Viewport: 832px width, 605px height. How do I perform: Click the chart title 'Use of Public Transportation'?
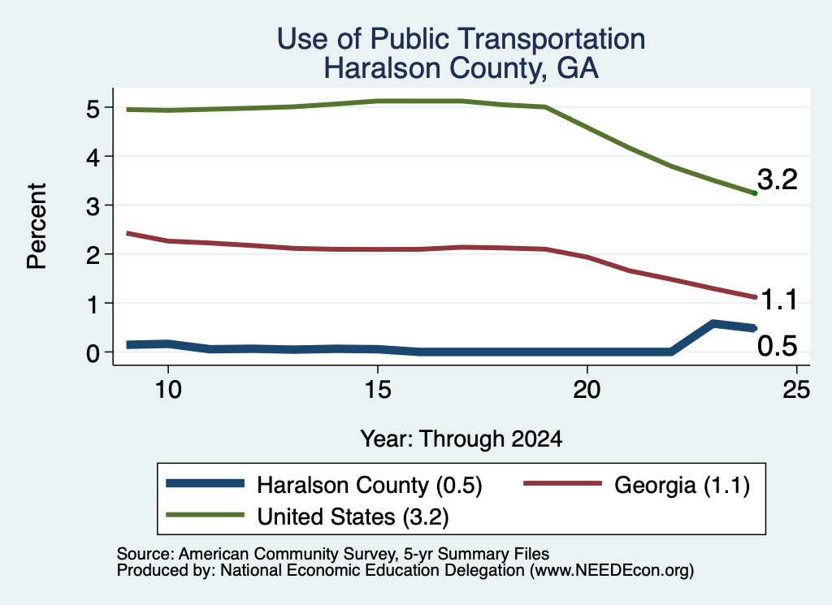tap(461, 39)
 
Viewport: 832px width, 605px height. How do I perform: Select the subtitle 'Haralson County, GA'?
tap(461, 68)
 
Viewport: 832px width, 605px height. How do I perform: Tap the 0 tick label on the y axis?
tap(93, 353)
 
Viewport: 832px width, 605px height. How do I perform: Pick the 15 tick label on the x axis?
tap(378, 390)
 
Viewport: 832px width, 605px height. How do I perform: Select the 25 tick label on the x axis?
tap(796, 390)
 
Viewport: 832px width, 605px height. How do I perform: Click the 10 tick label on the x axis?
tap(168, 390)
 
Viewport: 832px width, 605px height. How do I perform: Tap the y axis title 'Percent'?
tap(37, 227)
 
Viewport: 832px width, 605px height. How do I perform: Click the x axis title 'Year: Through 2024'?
tap(461, 439)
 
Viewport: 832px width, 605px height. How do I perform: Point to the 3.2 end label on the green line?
tap(778, 179)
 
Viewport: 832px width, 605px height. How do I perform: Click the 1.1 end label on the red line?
tap(779, 300)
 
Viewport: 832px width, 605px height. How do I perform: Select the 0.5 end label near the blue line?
tap(778, 346)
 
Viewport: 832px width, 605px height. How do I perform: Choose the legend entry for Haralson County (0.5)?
tap(323, 485)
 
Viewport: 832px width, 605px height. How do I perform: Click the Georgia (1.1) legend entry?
tap(637, 485)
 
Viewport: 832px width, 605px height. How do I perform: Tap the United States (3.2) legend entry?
tap(307, 516)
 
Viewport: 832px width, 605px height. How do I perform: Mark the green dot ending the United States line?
tap(755, 193)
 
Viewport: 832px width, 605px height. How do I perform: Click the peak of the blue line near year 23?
tap(713, 323)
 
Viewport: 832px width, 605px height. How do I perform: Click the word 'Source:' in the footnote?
tap(145, 554)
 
